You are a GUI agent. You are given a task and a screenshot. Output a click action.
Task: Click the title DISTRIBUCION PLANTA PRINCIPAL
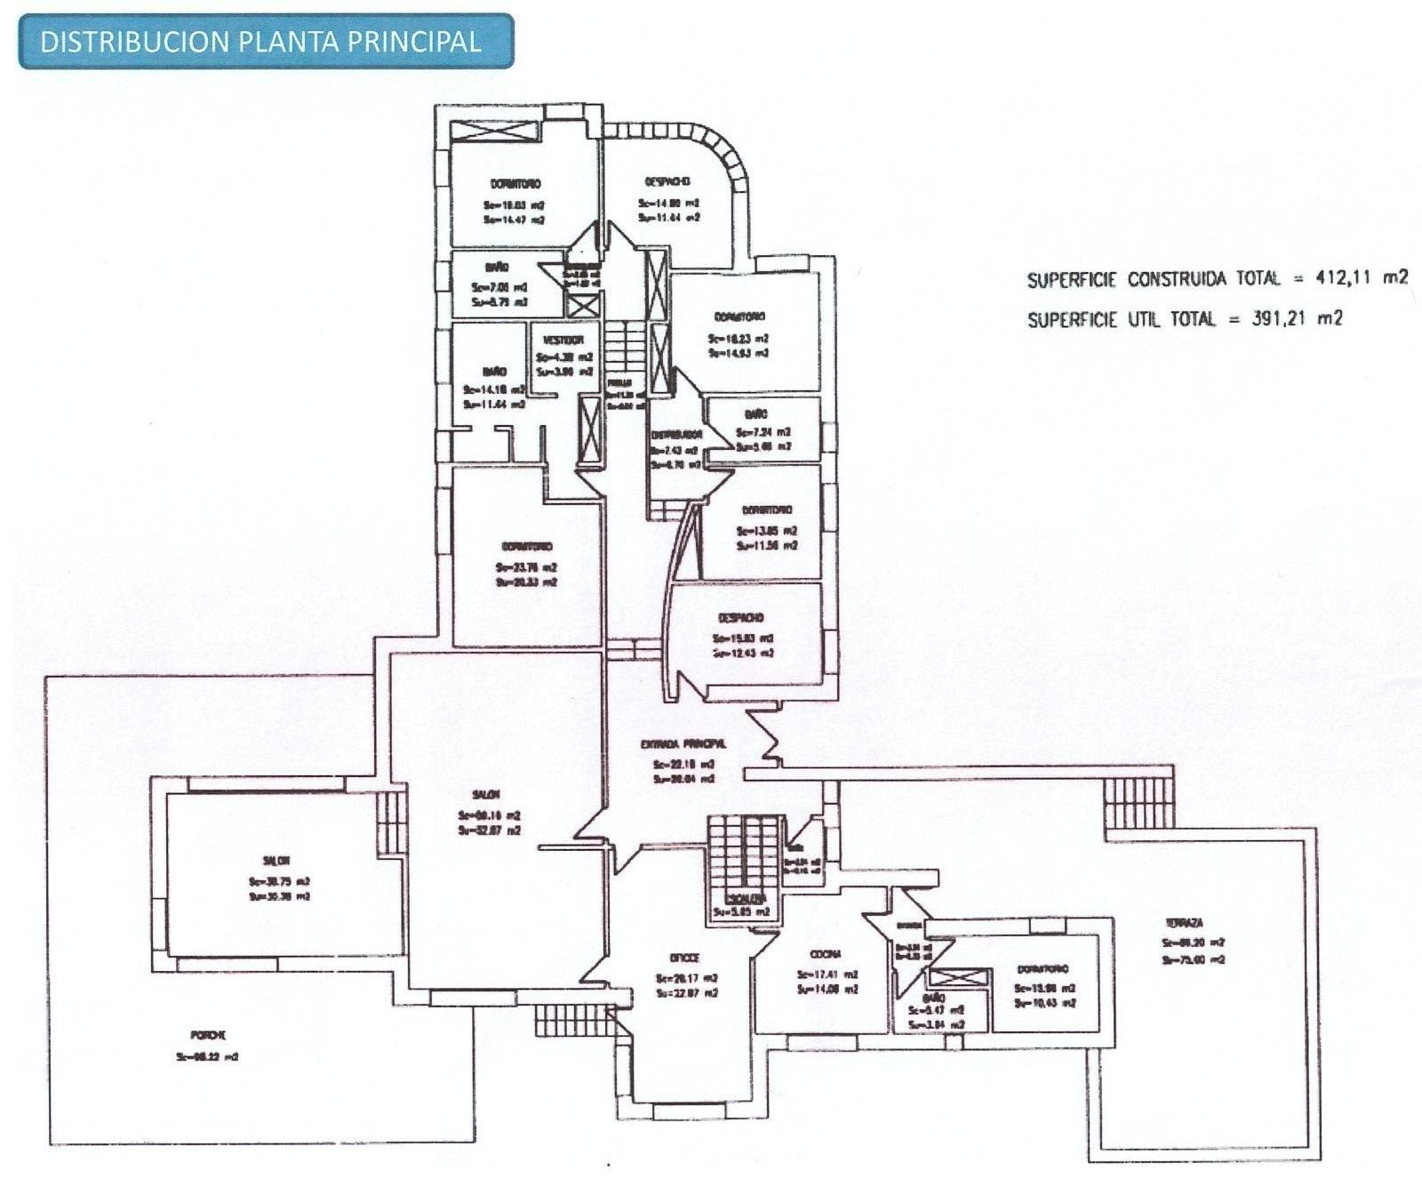click(260, 42)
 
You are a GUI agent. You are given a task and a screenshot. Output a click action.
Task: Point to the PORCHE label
click(208, 1035)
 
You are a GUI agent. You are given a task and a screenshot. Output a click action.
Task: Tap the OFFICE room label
click(684, 958)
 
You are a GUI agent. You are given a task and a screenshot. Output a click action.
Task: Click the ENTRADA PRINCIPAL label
click(683, 743)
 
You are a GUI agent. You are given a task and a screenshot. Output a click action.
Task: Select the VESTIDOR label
click(563, 340)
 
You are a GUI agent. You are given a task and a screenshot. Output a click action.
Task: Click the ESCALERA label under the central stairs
click(739, 898)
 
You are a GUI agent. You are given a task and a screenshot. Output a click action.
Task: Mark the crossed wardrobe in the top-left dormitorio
click(493, 131)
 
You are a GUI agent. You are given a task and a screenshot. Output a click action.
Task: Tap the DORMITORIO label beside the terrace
click(1043, 969)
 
